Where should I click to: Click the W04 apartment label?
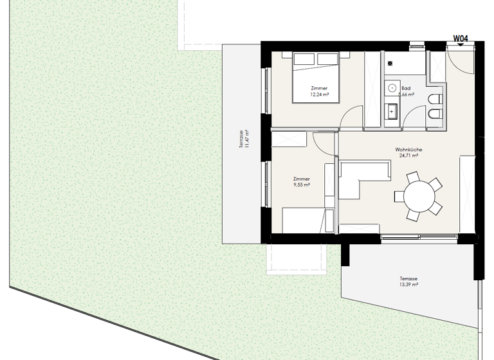point(460,39)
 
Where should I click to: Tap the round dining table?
point(419,195)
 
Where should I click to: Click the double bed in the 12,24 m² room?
point(315,78)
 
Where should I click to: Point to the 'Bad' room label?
point(406,88)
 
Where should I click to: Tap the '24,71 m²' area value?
point(408,156)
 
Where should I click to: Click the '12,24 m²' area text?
point(319,94)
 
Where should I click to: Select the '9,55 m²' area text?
point(301,184)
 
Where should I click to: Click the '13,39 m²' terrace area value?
point(408,285)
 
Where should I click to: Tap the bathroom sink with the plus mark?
point(392,111)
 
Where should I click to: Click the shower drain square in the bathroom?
point(390,64)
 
